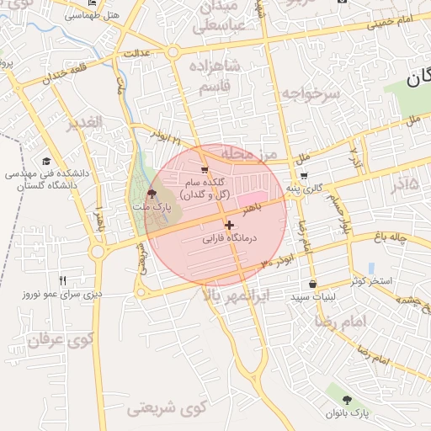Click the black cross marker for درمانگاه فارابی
[x=229, y=225]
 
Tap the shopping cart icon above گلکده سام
[x=204, y=170]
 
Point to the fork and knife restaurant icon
[x=61, y=280]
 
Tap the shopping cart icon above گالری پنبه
[x=303, y=176]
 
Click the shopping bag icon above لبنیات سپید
[x=313, y=285]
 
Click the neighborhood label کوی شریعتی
[x=167, y=410]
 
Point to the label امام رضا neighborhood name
[x=342, y=322]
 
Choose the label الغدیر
[x=82, y=124]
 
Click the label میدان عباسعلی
[x=220, y=18]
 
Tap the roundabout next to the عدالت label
[x=173, y=52]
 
